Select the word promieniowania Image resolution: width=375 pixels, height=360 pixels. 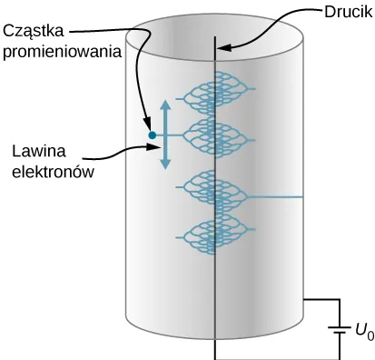(x=62, y=53)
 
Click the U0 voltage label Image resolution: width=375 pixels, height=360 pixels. (x=363, y=333)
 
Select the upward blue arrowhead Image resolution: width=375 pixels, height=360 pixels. (x=164, y=106)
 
